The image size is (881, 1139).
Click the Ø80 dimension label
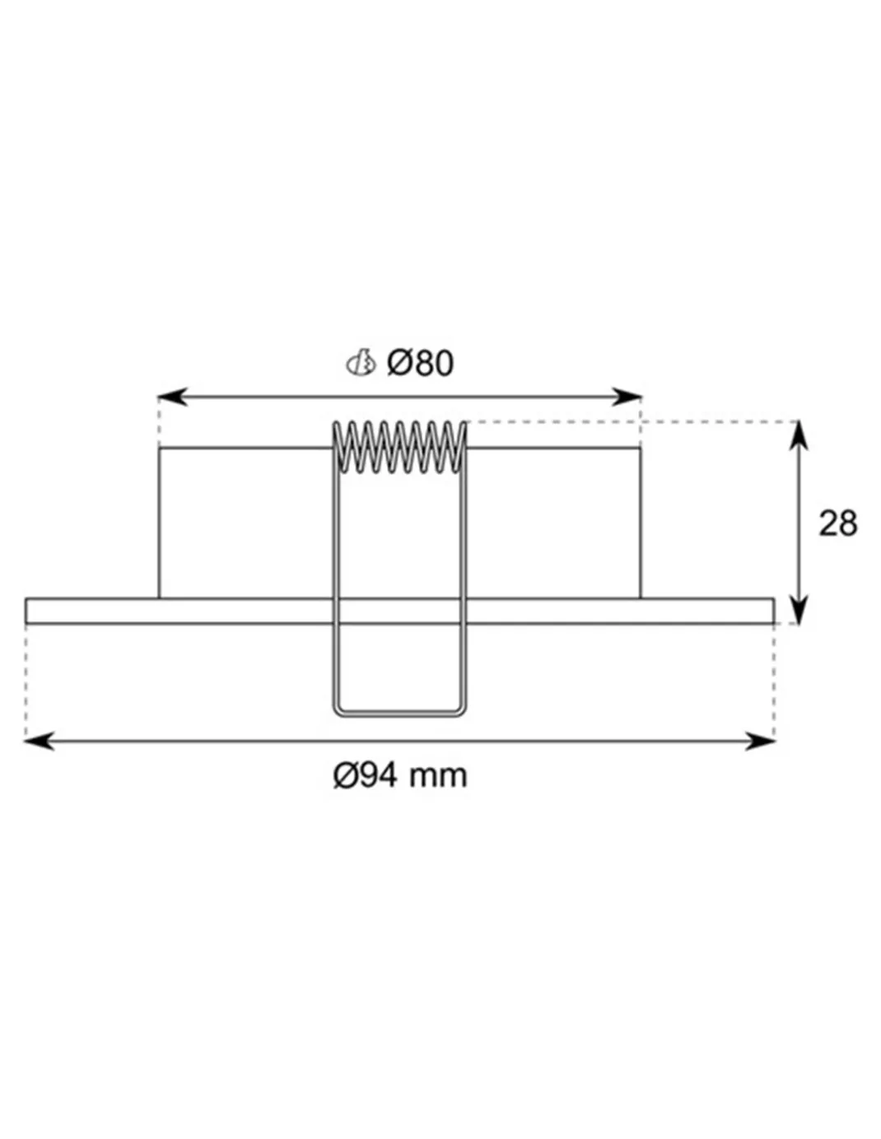(x=420, y=363)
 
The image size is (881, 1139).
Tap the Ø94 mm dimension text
(x=399, y=776)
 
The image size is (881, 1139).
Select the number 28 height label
(x=838, y=523)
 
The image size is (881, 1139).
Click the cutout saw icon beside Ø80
(x=361, y=363)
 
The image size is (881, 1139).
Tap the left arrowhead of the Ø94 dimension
(x=40, y=742)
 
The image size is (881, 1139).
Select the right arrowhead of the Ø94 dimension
(x=761, y=742)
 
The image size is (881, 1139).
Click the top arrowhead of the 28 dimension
(x=798, y=435)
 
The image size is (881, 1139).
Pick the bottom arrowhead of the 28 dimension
(x=798, y=609)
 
